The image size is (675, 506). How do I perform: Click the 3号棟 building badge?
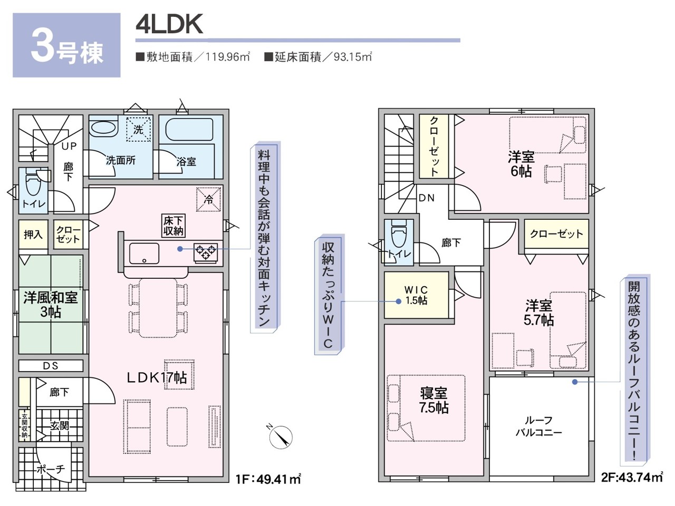(66, 46)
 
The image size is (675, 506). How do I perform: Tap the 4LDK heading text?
(169, 24)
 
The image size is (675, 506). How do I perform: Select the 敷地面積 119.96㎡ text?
(192, 57)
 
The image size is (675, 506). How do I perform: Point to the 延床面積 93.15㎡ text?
(318, 57)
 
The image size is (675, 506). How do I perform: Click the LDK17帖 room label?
(156, 377)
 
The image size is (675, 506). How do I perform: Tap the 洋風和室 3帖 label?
(51, 305)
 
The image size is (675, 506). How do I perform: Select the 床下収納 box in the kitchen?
(173, 226)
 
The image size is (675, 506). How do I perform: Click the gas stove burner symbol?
(206, 251)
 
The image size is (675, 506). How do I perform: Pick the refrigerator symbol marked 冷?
(209, 200)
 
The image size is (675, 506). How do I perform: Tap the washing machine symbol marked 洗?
(138, 129)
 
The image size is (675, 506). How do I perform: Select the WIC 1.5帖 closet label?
(416, 295)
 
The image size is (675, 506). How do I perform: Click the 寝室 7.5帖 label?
(433, 400)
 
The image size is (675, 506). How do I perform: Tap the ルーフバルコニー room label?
(538, 426)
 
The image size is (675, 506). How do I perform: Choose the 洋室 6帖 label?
(521, 164)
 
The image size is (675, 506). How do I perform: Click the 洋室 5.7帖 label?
(538, 313)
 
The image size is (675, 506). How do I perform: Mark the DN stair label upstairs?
(426, 198)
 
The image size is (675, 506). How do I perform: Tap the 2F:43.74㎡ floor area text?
(631, 478)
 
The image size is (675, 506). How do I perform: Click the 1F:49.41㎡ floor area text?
(268, 479)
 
